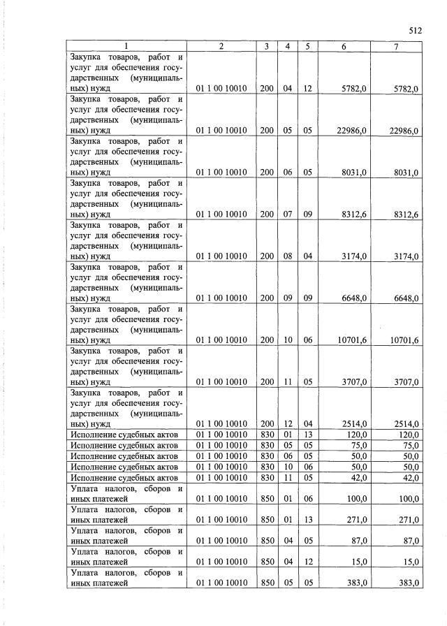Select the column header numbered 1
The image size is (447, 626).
click(126, 46)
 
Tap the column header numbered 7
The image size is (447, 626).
click(396, 46)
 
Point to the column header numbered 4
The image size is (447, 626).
click(287, 46)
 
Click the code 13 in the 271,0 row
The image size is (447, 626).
click(307, 520)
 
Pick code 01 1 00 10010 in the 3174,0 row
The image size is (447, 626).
click(221, 257)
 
